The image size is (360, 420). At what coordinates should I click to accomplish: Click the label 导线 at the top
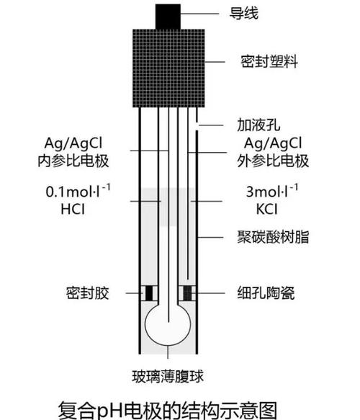point(244,14)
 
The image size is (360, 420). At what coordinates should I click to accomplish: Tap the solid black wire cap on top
point(168,17)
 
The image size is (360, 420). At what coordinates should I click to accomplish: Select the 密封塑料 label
point(269,62)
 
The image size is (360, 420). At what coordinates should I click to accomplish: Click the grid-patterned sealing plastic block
point(169,68)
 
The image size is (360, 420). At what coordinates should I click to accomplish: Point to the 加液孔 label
point(258,125)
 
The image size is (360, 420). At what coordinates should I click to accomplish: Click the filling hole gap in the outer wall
point(197,125)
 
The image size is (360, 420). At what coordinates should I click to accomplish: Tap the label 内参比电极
point(73,161)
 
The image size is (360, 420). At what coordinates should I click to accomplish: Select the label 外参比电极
point(273,161)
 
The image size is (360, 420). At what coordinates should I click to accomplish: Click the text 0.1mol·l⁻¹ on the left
point(78,191)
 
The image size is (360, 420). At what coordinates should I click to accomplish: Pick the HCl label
point(73,209)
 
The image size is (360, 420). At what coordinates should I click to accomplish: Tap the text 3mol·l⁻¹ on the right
point(272,191)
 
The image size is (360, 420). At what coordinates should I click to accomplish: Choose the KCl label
point(266,209)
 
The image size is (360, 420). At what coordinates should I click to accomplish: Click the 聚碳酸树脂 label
point(273,237)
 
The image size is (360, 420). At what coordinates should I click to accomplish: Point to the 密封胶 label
point(88,292)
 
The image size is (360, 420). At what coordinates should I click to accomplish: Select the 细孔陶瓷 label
point(266,292)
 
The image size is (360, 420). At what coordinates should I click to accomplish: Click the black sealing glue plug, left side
point(149,293)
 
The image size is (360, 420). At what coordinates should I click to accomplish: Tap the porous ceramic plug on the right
point(187,293)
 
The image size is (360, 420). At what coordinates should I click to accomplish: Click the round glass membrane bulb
point(168,325)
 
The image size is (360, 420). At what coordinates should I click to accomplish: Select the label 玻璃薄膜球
point(168,376)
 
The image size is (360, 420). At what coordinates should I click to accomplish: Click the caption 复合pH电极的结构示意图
point(168,411)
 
